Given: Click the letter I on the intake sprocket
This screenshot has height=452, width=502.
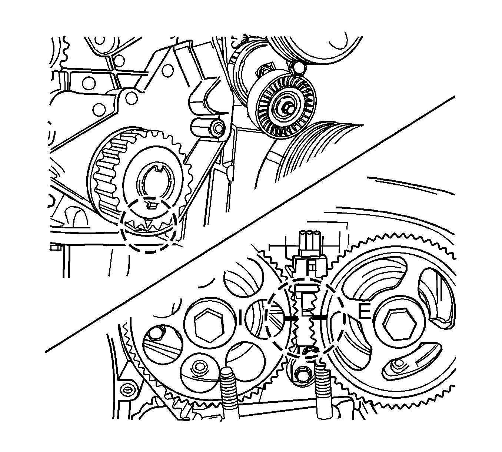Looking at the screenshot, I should (241, 315).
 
